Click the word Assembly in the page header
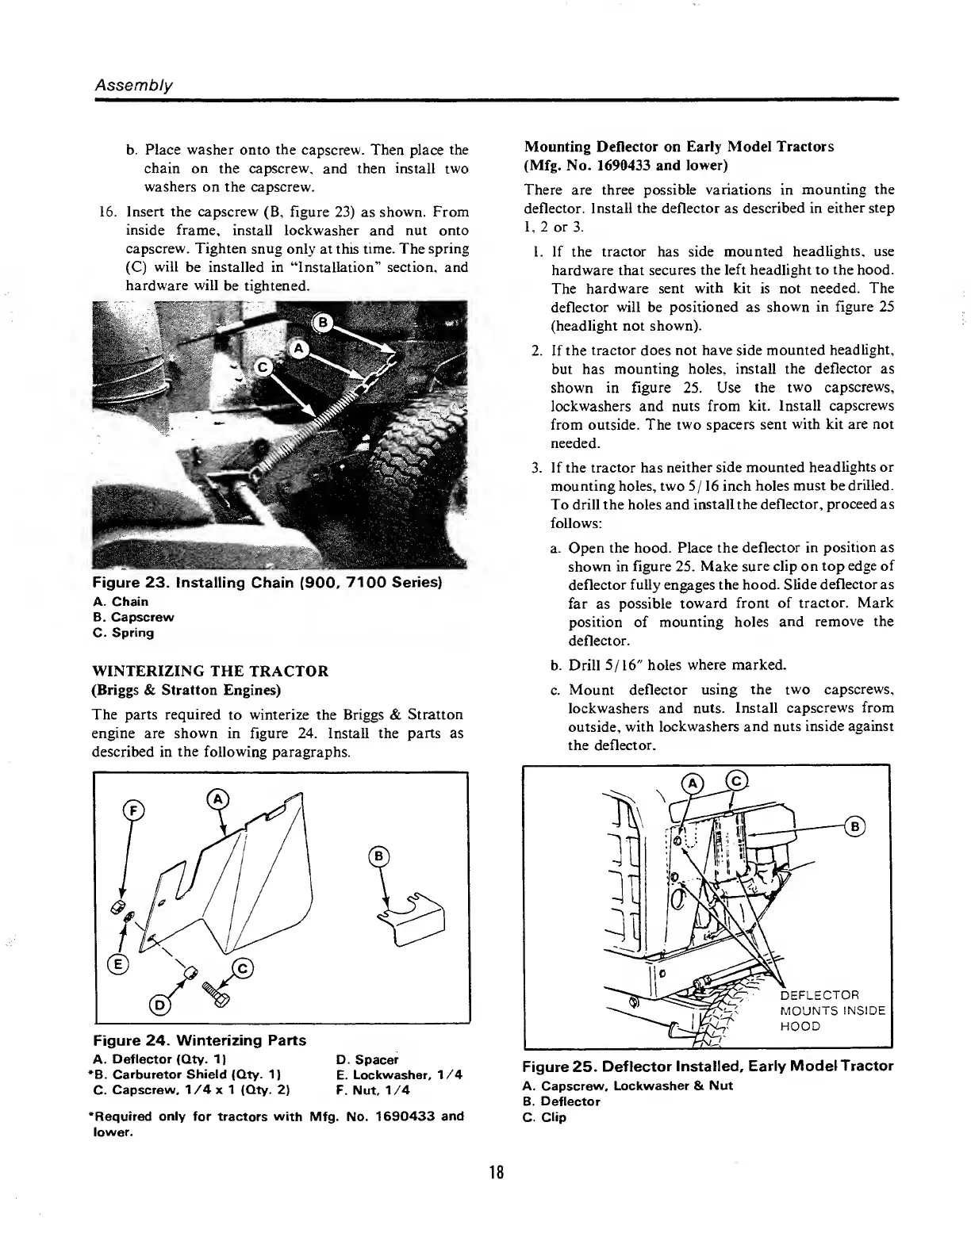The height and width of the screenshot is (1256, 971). pos(133,85)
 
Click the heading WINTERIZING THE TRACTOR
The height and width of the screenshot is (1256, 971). pos(210,671)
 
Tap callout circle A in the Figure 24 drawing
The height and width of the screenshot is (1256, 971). pos(215,798)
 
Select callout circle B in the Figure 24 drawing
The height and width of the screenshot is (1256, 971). pos(379,856)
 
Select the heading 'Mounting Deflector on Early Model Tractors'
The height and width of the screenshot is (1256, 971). pos(679,147)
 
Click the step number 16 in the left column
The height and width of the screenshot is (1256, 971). pos(107,212)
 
